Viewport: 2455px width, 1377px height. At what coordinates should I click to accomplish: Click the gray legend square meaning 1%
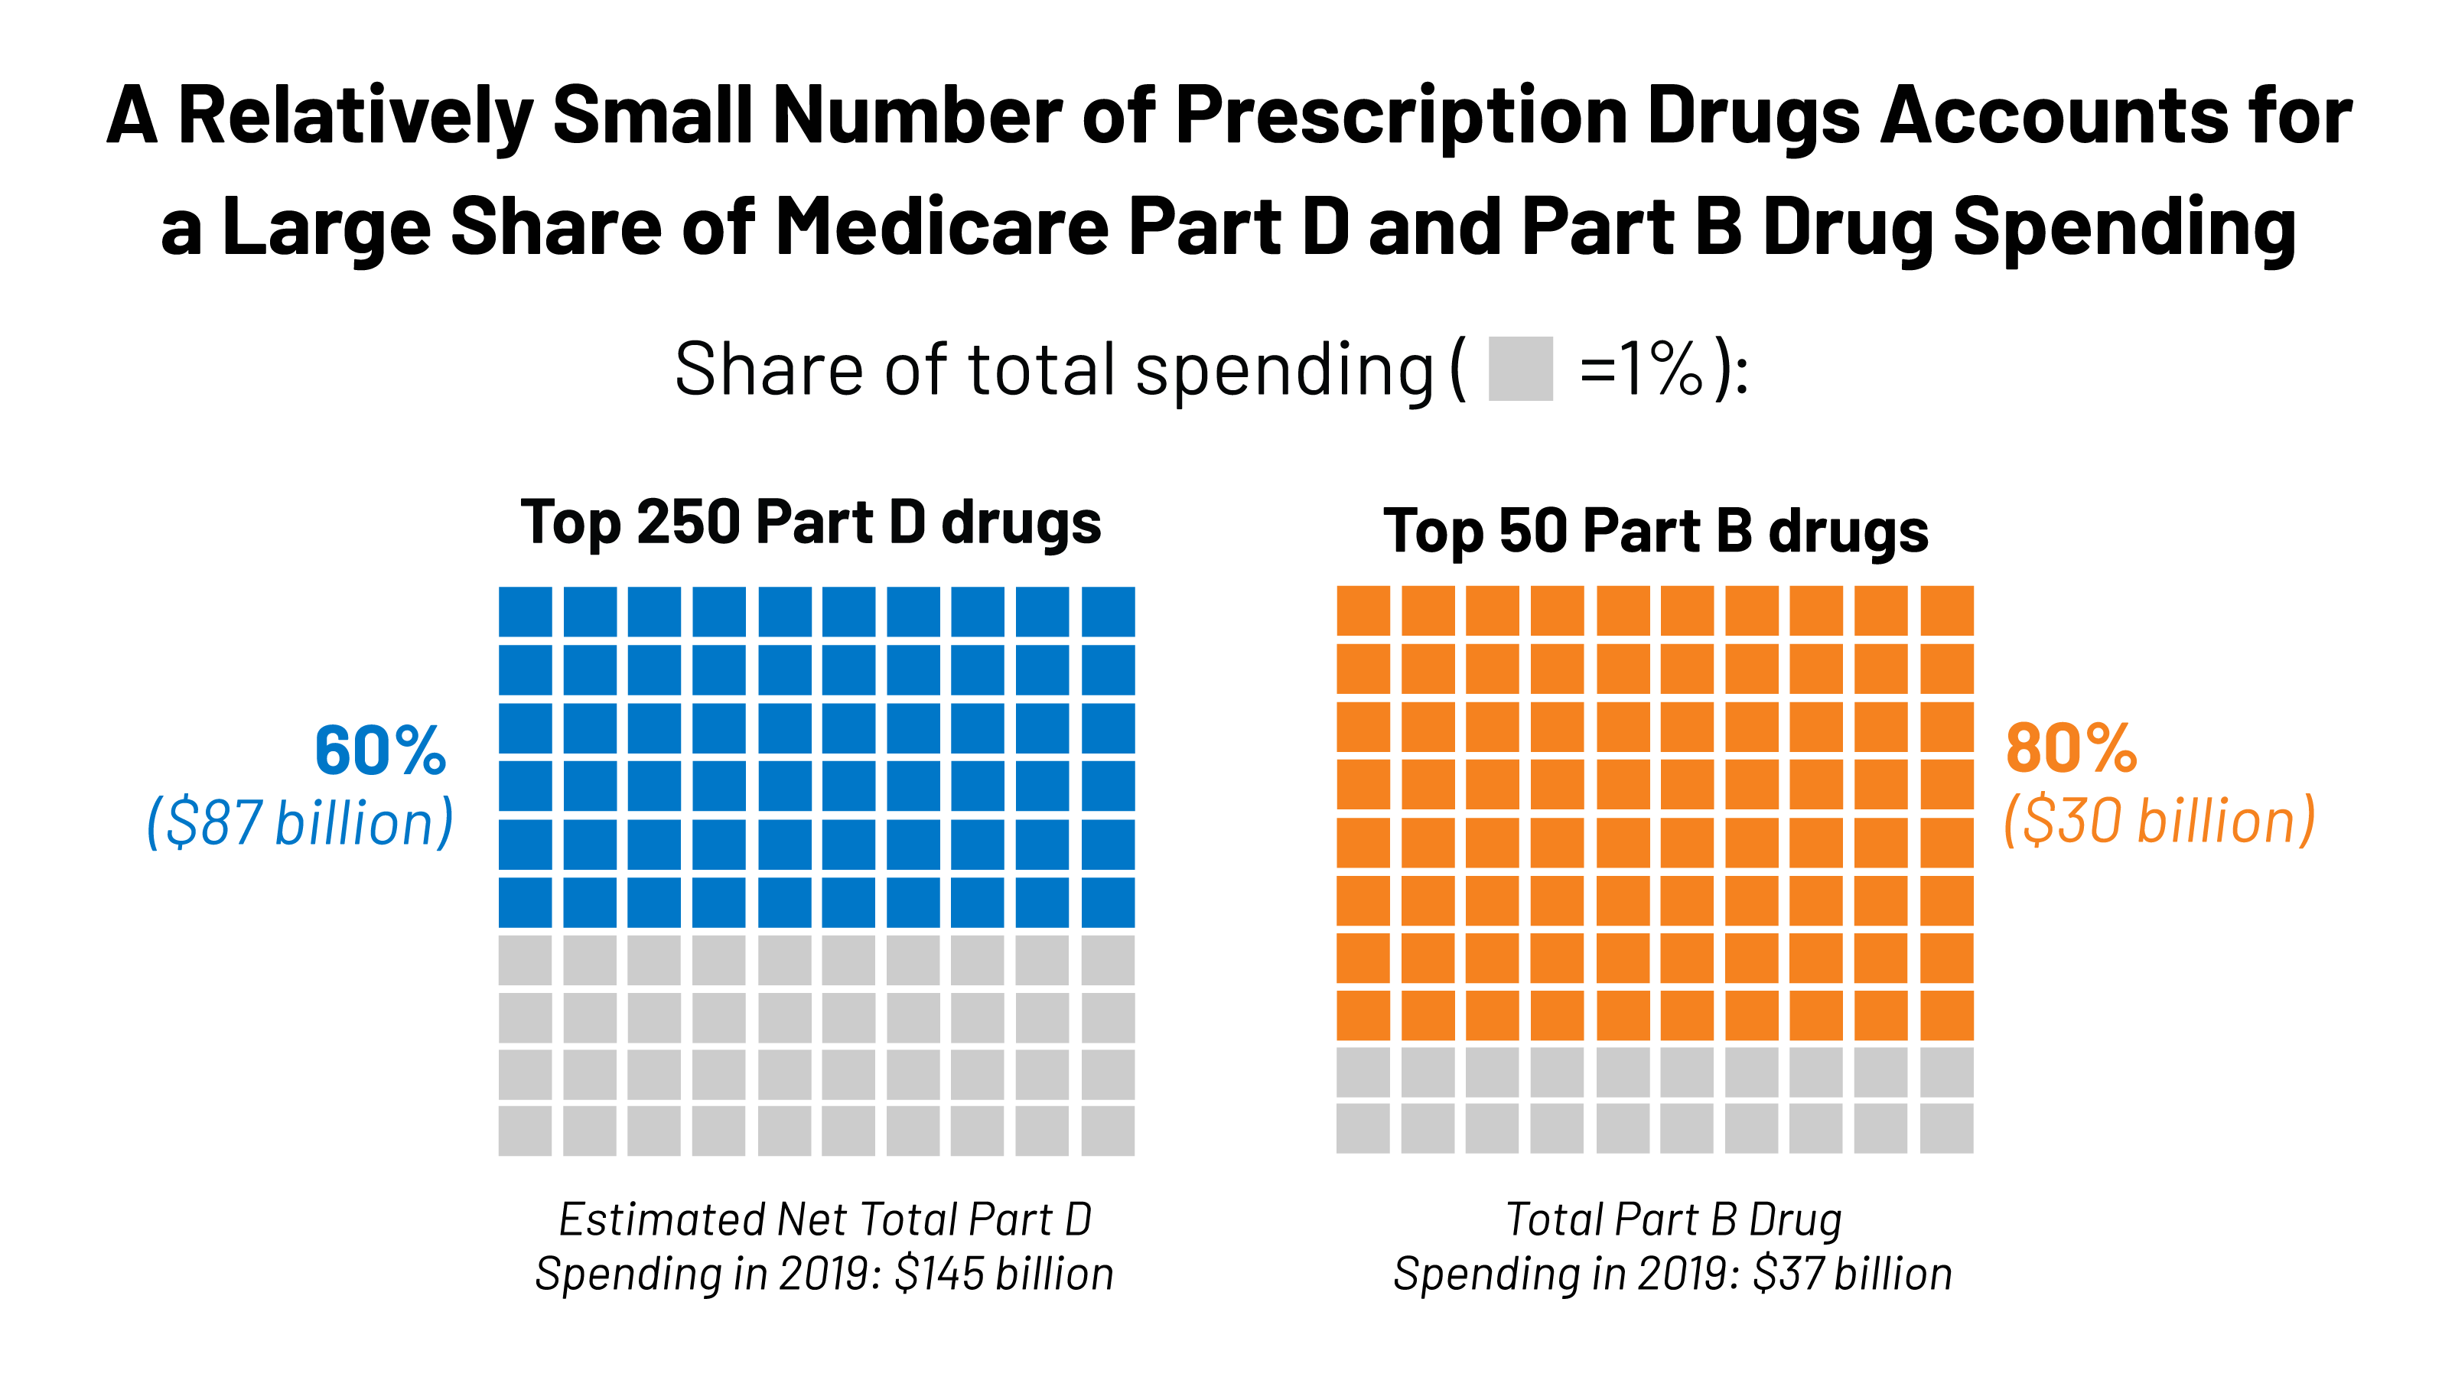(x=1520, y=369)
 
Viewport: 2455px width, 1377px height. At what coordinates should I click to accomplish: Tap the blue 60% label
(x=380, y=751)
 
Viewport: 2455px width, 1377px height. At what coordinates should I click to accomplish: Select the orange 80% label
(x=2071, y=749)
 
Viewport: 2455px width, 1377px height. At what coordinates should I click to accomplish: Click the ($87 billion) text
(x=299, y=822)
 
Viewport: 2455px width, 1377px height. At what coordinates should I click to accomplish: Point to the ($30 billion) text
(x=2159, y=821)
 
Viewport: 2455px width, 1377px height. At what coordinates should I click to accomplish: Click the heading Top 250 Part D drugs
(x=811, y=523)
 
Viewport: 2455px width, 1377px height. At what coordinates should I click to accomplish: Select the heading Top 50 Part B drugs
(x=1656, y=531)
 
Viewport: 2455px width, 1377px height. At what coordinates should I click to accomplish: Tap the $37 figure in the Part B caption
(x=1789, y=1274)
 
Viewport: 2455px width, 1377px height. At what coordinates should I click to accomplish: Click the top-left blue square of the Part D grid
(x=525, y=612)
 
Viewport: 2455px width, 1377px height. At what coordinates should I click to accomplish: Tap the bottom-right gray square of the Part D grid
(x=1109, y=1130)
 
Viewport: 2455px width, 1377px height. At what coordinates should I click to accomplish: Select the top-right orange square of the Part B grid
(x=1946, y=610)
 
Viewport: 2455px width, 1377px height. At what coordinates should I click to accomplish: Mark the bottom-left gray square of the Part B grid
(x=1363, y=1128)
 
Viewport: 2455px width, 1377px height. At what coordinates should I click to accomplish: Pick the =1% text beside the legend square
(x=1641, y=369)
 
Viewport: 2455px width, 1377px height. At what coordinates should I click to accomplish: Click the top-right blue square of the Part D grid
(x=1109, y=612)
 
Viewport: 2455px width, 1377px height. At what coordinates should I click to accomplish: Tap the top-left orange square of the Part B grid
(x=1363, y=610)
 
